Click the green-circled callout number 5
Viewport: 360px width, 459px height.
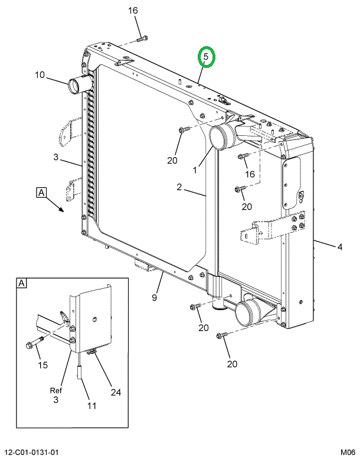point(206,57)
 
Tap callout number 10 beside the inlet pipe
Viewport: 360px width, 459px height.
point(40,75)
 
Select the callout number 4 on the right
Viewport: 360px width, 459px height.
point(339,247)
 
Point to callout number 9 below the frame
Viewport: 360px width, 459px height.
point(154,297)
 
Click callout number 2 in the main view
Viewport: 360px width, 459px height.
point(179,187)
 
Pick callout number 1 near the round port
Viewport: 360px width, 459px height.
point(195,170)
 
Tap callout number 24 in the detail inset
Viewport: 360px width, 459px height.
point(116,392)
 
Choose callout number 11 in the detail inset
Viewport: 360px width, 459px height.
point(91,406)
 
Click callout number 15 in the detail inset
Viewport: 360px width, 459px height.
point(42,365)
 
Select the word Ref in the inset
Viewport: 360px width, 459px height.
point(56,390)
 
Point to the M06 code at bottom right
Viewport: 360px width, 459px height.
point(348,453)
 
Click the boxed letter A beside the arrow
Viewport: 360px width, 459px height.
point(41,193)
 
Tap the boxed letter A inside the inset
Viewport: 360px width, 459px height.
point(22,284)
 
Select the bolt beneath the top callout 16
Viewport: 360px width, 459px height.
point(142,38)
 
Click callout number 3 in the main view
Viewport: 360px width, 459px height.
point(56,157)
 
